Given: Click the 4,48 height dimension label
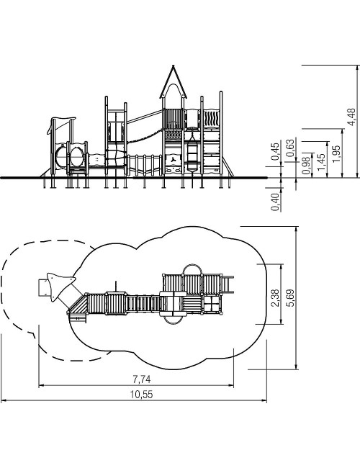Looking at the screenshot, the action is pyautogui.click(x=352, y=117).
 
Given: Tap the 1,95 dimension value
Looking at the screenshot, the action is pyautogui.click(x=336, y=153).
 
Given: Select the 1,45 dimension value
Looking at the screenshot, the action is pyautogui.click(x=321, y=163).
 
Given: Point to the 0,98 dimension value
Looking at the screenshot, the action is pyautogui.click(x=306, y=166).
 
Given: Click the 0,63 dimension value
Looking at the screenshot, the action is pyautogui.click(x=290, y=148).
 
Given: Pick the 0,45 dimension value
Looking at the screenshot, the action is pyautogui.click(x=275, y=151).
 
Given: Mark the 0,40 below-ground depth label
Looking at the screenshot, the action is pyautogui.click(x=275, y=202).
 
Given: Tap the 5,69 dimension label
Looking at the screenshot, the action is pyautogui.click(x=290, y=297).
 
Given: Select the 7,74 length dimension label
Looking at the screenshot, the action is pyautogui.click(x=142, y=379).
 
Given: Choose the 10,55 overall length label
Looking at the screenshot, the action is pyautogui.click(x=142, y=395).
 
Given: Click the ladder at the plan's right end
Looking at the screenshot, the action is pyautogui.click(x=228, y=284).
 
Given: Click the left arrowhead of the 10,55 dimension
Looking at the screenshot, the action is pyautogui.click(x=3, y=400).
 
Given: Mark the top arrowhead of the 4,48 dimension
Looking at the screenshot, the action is pyautogui.click(x=356, y=67).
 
